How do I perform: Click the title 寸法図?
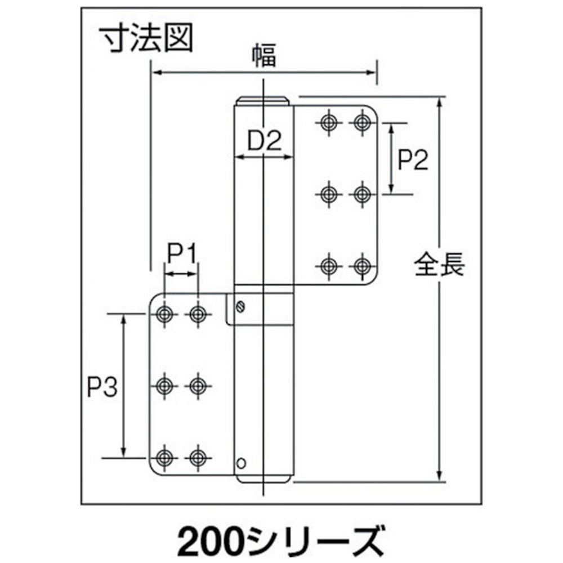tap(147, 38)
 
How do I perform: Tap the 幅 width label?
tap(264, 56)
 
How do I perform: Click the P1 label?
tap(182, 254)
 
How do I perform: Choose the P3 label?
tap(102, 387)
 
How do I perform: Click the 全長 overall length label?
tap(439, 264)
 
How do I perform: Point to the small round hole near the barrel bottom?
tap(242, 463)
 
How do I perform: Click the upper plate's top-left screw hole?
tap(328, 122)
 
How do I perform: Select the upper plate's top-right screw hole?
tap(362, 122)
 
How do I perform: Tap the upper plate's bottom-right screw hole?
tap(362, 266)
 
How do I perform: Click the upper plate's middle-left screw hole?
tap(328, 194)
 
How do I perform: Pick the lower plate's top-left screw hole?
tap(164, 314)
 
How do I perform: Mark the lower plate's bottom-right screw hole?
tap(198, 458)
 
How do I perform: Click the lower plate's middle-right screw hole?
tap(198, 386)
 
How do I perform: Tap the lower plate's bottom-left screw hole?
tap(164, 458)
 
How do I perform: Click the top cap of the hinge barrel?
tap(262, 101)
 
